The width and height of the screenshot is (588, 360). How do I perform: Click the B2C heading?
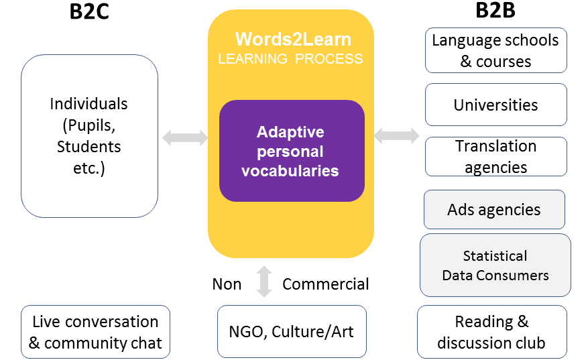pyautogui.click(x=89, y=11)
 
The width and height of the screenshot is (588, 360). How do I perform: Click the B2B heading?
pyautogui.click(x=495, y=10)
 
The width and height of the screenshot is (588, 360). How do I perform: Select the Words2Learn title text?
pyautogui.click(x=293, y=39)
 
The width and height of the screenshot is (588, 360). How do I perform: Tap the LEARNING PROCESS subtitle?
pyautogui.click(x=290, y=59)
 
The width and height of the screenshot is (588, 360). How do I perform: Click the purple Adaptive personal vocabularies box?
pyautogui.click(x=292, y=151)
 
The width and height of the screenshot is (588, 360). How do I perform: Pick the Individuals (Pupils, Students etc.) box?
pyautogui.click(x=89, y=136)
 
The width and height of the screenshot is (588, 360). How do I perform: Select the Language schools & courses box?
pyautogui.click(x=495, y=50)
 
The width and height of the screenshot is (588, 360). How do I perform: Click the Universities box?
pyautogui.click(x=495, y=105)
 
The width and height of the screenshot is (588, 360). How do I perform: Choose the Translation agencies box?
pyautogui.click(x=495, y=156)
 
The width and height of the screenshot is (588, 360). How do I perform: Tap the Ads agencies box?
pyautogui.click(x=494, y=209)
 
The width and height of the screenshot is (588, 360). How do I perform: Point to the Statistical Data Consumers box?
pyautogui.click(x=495, y=265)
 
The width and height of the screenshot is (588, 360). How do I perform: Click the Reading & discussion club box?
pyautogui.click(x=492, y=332)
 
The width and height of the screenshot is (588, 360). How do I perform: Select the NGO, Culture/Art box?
pyautogui.click(x=292, y=331)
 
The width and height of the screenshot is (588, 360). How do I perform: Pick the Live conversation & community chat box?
pyautogui.click(x=96, y=332)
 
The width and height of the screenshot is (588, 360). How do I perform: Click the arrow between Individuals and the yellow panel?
pyautogui.click(x=185, y=137)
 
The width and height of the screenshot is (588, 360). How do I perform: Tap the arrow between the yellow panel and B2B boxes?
pyautogui.click(x=397, y=135)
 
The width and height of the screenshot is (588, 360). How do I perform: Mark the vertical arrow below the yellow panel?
pyautogui.click(x=264, y=282)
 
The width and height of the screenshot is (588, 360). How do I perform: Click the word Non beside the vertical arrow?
pyautogui.click(x=227, y=284)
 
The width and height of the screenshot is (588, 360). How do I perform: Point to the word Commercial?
pyautogui.click(x=325, y=284)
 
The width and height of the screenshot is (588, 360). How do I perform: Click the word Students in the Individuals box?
pyautogui.click(x=89, y=146)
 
